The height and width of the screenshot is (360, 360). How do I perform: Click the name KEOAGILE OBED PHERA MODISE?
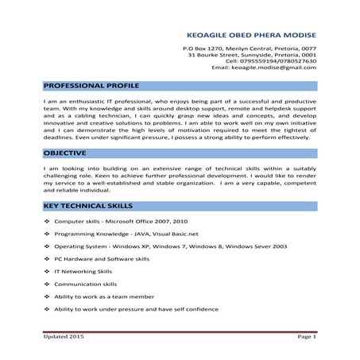tap(250, 35)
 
